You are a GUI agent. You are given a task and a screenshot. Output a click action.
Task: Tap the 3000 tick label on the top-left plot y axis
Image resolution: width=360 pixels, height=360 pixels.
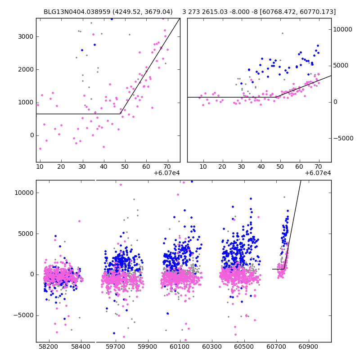(x=26, y=36)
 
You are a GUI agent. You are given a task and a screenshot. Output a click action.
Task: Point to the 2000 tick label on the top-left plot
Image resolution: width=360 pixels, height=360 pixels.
(x=26, y=69)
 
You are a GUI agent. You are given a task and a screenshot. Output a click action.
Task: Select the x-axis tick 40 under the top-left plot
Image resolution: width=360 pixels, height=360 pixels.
(x=104, y=167)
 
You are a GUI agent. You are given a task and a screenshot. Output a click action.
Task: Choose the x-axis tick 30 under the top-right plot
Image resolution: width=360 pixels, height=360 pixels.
(x=242, y=167)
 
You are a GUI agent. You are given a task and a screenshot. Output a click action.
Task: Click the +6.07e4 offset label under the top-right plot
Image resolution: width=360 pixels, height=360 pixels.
(x=318, y=173)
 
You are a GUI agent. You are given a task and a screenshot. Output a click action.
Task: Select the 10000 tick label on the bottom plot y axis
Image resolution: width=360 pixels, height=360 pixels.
(x=24, y=193)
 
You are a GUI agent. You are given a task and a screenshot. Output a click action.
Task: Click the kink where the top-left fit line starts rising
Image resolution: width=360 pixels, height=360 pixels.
(x=120, y=114)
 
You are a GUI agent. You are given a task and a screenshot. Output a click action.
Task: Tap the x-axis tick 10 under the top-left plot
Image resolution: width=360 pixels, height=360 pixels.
(x=40, y=167)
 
